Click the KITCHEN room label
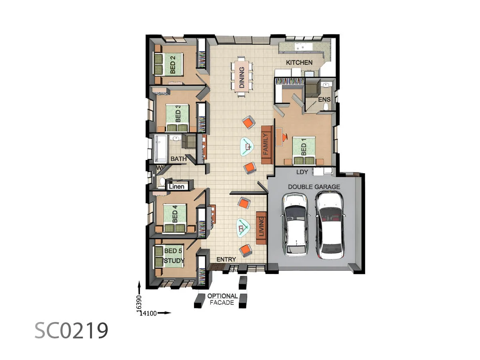point(299,62)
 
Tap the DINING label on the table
point(242,77)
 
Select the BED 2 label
point(173,64)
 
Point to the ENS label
point(324,100)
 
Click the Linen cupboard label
point(176,187)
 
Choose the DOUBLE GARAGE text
point(314,187)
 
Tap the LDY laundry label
point(302,172)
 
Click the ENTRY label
point(226,260)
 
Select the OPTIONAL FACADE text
point(222,299)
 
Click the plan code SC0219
point(71,330)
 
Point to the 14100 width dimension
point(148,314)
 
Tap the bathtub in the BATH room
point(161,149)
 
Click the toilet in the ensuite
point(326,107)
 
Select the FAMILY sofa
point(267,145)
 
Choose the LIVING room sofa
point(262,228)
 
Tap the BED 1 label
point(304,146)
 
